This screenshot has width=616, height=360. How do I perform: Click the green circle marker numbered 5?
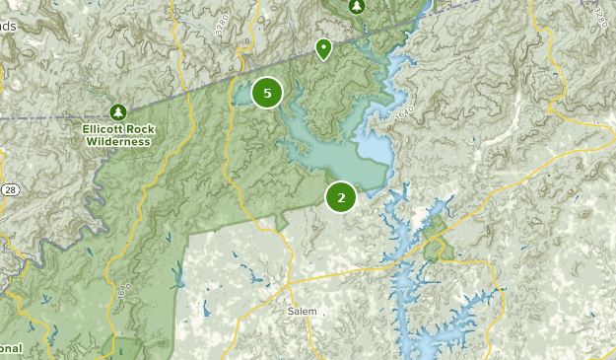click(267, 93)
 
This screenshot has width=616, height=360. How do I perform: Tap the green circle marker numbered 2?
click(341, 197)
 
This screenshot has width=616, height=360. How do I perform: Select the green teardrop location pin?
click(322, 47)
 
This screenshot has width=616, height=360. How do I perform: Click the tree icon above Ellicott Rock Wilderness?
click(118, 112)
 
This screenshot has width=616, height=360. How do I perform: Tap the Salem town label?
click(302, 311)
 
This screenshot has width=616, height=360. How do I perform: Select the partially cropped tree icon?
click(357, 5)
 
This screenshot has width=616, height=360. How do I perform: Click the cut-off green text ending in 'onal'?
click(11, 348)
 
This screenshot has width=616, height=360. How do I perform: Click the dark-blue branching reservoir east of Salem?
click(414, 286)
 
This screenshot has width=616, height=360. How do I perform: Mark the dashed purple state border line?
click(148, 104)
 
